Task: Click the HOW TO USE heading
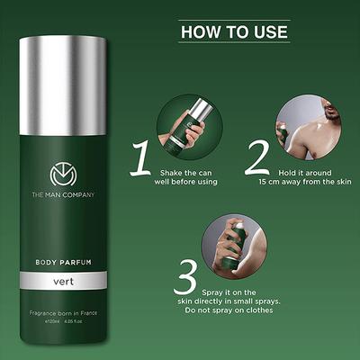coord(234,31)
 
